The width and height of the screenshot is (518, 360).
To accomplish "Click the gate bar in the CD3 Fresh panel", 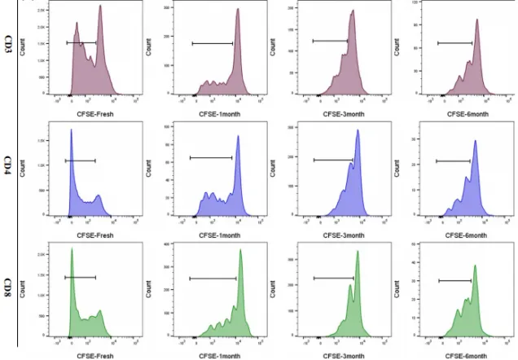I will point(81,42).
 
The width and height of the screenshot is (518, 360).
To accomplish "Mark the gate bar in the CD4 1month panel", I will point(211,157).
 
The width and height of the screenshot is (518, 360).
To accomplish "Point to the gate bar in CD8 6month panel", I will point(455,281).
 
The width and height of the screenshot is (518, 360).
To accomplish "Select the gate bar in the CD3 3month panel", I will point(330,40).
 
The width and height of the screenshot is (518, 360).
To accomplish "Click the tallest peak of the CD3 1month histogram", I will point(238,11).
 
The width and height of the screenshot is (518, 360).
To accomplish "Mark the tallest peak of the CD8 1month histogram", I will point(241,250).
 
